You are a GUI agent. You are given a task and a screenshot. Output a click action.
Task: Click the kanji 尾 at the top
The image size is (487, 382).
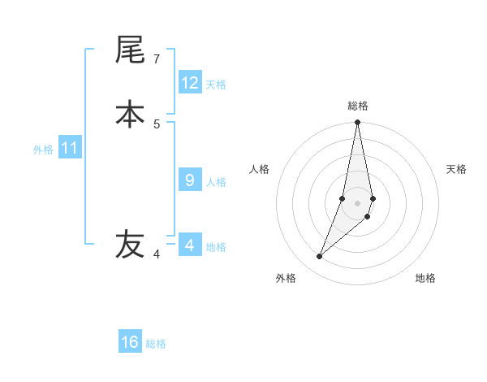[130, 50]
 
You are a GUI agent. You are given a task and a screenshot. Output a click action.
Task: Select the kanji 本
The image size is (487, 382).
[130, 114]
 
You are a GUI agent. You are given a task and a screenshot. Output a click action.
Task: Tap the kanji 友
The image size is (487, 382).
[130, 243]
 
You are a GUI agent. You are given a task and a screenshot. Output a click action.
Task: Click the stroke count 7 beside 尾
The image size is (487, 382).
[157, 59]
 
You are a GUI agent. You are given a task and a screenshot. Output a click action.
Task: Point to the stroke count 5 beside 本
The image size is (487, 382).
[157, 124]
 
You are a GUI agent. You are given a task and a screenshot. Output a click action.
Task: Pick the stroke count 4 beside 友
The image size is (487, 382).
[157, 254]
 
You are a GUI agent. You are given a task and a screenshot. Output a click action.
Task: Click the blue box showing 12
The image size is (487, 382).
[190, 83]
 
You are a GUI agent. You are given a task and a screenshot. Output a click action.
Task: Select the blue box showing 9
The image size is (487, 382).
[190, 180]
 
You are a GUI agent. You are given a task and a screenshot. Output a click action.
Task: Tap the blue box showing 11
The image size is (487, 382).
[70, 149]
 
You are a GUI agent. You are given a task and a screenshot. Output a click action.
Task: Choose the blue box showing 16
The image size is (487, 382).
[130, 342]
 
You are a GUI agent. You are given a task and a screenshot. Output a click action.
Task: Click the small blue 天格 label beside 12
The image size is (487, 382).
[216, 85]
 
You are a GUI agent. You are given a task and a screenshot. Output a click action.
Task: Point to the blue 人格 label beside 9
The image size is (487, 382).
[216, 182]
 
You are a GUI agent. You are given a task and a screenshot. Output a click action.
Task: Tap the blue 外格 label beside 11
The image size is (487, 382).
[43, 150]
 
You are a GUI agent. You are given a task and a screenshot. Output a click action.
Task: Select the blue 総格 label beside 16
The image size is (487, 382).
[156, 344]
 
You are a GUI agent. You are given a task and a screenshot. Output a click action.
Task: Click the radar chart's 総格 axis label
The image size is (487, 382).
[358, 106]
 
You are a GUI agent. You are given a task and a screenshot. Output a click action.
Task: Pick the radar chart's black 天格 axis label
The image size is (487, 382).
[456, 169]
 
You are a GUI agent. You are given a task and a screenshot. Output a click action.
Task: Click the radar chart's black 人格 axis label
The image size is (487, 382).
[259, 169]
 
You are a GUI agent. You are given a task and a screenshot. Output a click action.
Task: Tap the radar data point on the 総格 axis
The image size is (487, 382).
[357, 123]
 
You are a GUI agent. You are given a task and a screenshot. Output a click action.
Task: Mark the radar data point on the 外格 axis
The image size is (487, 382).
[319, 257]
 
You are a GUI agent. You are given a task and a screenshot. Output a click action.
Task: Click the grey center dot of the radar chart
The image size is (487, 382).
[357, 202]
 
